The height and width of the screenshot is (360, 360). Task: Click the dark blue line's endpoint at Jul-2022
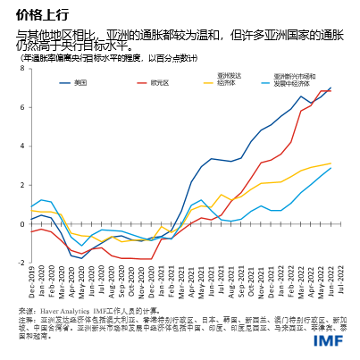pyautogui.click(x=331, y=88)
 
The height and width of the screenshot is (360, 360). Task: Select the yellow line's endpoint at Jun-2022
pyautogui.click(x=331, y=163)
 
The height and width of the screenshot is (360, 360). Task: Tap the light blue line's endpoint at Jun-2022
pyautogui.click(x=331, y=168)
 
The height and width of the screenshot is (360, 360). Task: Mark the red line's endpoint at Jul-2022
pyautogui.click(x=331, y=91)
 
